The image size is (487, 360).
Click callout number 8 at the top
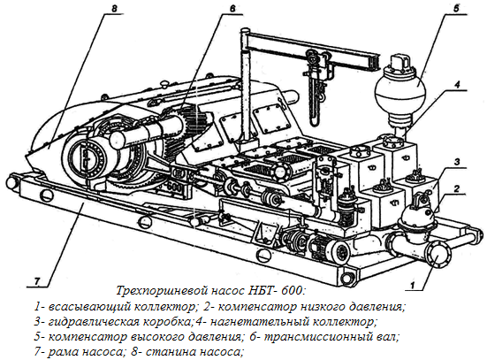click(114, 8)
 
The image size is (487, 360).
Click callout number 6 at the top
click(232, 8)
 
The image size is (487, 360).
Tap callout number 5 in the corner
click(456, 8)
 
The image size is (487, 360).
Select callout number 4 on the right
click(457, 85)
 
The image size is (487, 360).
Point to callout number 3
click(457, 162)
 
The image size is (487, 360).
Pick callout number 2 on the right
click(456, 188)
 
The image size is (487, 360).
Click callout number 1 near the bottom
click(413, 285)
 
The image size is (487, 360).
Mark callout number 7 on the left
click(37, 281)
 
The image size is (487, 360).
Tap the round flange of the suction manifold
click(438, 255)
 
